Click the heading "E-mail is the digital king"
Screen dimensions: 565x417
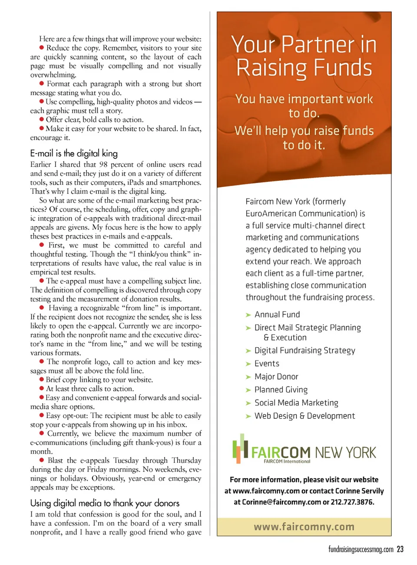tap(74, 153)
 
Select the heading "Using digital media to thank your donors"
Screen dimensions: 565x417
tap(105, 503)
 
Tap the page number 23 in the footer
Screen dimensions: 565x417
tap(400, 549)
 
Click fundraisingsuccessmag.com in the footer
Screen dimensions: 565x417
tap(361, 549)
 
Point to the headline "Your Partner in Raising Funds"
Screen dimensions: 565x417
tap(304, 56)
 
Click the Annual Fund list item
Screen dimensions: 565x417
tap(277, 314)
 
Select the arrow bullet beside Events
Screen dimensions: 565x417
tap(248, 364)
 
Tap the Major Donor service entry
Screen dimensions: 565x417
tap(276, 377)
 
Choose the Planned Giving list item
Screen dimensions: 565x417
tap(281, 390)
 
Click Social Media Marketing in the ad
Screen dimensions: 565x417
tap(296, 403)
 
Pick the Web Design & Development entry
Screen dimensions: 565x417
tap(304, 416)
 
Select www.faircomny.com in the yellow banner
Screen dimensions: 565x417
tap(304, 527)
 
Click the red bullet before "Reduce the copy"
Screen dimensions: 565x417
tap(42, 47)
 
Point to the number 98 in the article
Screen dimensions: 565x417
tap(103, 164)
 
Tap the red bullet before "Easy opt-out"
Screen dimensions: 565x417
tap(42, 415)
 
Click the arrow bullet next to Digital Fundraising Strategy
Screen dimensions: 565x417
tap(248, 351)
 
